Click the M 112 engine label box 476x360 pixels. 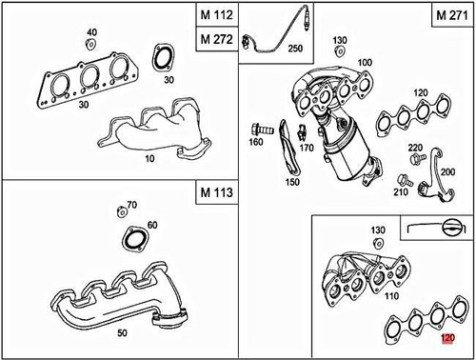pyautogui.click(x=216, y=15)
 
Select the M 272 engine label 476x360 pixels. pyautogui.click(x=216, y=40)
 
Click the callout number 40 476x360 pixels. pyautogui.click(x=92, y=32)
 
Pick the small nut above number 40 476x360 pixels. pyautogui.click(x=91, y=44)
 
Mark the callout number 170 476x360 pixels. pyautogui.click(x=306, y=148)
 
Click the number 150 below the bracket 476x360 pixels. pyautogui.click(x=291, y=182)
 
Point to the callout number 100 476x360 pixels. pyautogui.click(x=362, y=61)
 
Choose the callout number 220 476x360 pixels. pyautogui.click(x=415, y=148)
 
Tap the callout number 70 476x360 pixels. pyautogui.click(x=131, y=205)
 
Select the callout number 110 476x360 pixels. pyautogui.click(x=392, y=296)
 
